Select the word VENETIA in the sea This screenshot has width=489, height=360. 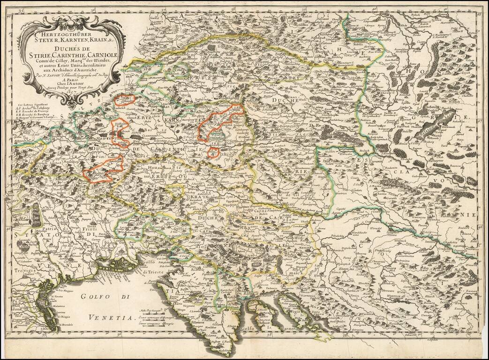110,318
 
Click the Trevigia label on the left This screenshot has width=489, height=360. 23,270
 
